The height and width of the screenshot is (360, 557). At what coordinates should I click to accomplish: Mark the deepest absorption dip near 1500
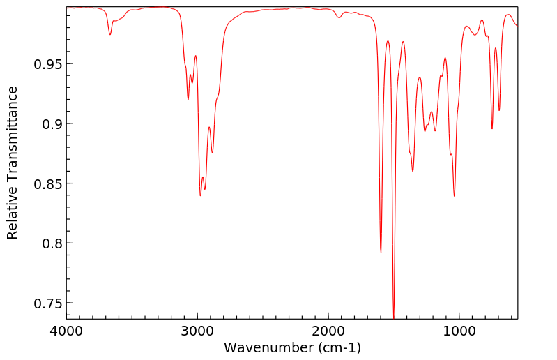tap(394, 317)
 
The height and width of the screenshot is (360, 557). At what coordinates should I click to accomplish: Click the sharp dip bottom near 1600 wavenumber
tap(381, 252)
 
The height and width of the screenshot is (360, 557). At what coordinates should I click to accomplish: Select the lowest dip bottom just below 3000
tap(200, 195)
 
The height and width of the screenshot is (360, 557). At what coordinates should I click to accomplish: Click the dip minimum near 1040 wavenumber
tap(455, 196)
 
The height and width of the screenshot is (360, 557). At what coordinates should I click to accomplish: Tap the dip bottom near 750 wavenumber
tap(492, 129)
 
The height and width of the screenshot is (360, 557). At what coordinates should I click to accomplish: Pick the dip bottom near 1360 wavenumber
tap(413, 171)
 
